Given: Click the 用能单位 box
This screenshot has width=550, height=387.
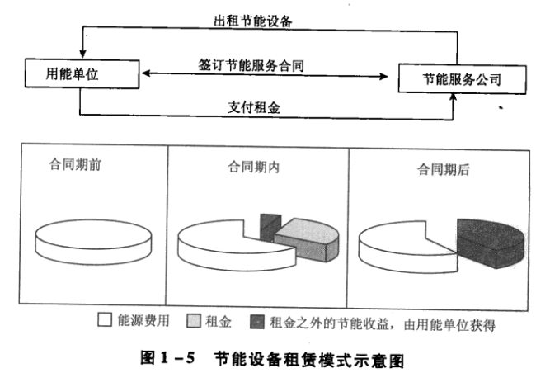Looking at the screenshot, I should (x=78, y=76).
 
